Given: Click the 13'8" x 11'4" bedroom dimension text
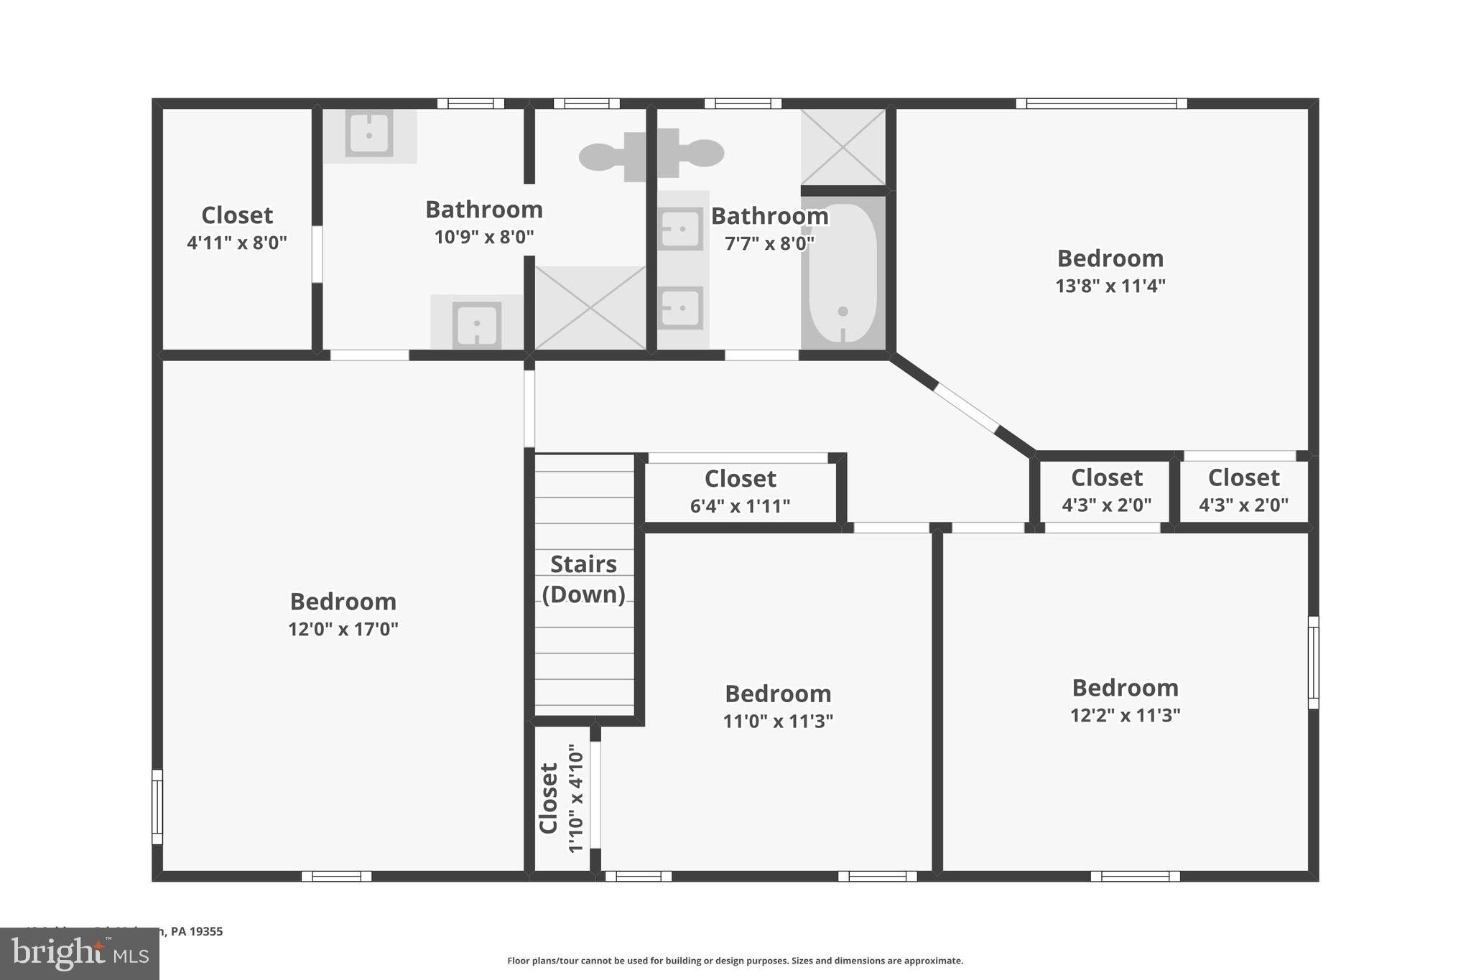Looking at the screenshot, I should pyautogui.click(x=1110, y=286).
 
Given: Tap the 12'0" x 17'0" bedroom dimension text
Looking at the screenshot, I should pyautogui.click(x=343, y=629).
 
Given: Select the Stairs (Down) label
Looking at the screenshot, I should pyautogui.click(x=583, y=579).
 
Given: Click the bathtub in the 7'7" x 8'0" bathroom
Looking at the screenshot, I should pyautogui.click(x=843, y=273).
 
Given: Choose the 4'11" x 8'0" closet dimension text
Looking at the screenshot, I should pyautogui.click(x=236, y=243).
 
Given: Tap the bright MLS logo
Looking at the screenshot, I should pyautogui.click(x=79, y=953).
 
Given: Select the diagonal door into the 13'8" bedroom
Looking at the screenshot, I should pyautogui.click(x=965, y=408).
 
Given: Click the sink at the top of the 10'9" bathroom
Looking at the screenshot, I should pyautogui.click(x=369, y=134).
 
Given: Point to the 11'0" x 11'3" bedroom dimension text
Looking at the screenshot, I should pyautogui.click(x=778, y=721).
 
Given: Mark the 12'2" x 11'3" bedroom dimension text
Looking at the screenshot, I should pyautogui.click(x=1125, y=715).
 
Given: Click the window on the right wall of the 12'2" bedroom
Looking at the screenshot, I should pyautogui.click(x=1313, y=662).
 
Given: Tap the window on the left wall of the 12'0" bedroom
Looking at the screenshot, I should pyautogui.click(x=157, y=806).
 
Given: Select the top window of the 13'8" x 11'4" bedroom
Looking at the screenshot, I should pyautogui.click(x=1101, y=103).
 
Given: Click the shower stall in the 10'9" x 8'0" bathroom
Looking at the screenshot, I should pyautogui.click(x=590, y=307).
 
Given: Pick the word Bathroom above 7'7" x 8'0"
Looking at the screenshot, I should pyautogui.click(x=769, y=215).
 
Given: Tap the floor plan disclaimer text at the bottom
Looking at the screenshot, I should pyautogui.click(x=735, y=961).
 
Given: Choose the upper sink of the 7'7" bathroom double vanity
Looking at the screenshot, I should pyautogui.click(x=680, y=229).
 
